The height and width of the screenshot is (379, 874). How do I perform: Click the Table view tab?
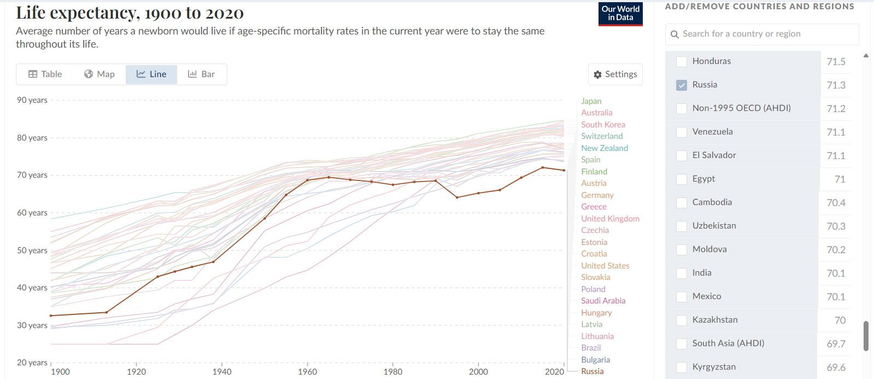(45, 74)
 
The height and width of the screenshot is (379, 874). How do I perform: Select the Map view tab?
(99, 74)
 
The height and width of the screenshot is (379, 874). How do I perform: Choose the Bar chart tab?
(201, 74)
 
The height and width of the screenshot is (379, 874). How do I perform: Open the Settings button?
(615, 74)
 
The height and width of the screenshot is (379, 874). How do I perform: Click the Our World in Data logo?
(620, 14)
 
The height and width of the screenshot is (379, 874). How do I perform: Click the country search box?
(762, 34)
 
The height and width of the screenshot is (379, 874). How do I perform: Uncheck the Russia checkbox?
(682, 85)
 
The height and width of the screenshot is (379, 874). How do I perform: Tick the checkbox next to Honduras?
(682, 62)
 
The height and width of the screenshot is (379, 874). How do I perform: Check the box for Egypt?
(682, 179)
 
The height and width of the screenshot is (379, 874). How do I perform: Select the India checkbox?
(682, 273)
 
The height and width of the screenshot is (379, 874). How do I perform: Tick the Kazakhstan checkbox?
(682, 320)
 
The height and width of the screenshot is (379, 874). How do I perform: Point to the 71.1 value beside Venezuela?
(836, 132)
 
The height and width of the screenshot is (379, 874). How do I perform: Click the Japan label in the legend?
(591, 101)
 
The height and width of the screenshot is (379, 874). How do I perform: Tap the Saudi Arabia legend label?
(603, 301)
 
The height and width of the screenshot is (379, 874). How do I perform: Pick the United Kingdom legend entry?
(610, 219)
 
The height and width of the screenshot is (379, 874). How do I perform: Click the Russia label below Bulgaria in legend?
(592, 371)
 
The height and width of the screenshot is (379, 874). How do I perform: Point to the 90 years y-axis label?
(32, 100)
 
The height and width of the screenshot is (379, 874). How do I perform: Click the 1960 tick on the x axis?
(307, 371)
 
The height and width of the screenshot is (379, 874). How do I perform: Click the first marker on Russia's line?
(51, 316)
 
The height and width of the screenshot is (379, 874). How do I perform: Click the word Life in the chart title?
(31, 13)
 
